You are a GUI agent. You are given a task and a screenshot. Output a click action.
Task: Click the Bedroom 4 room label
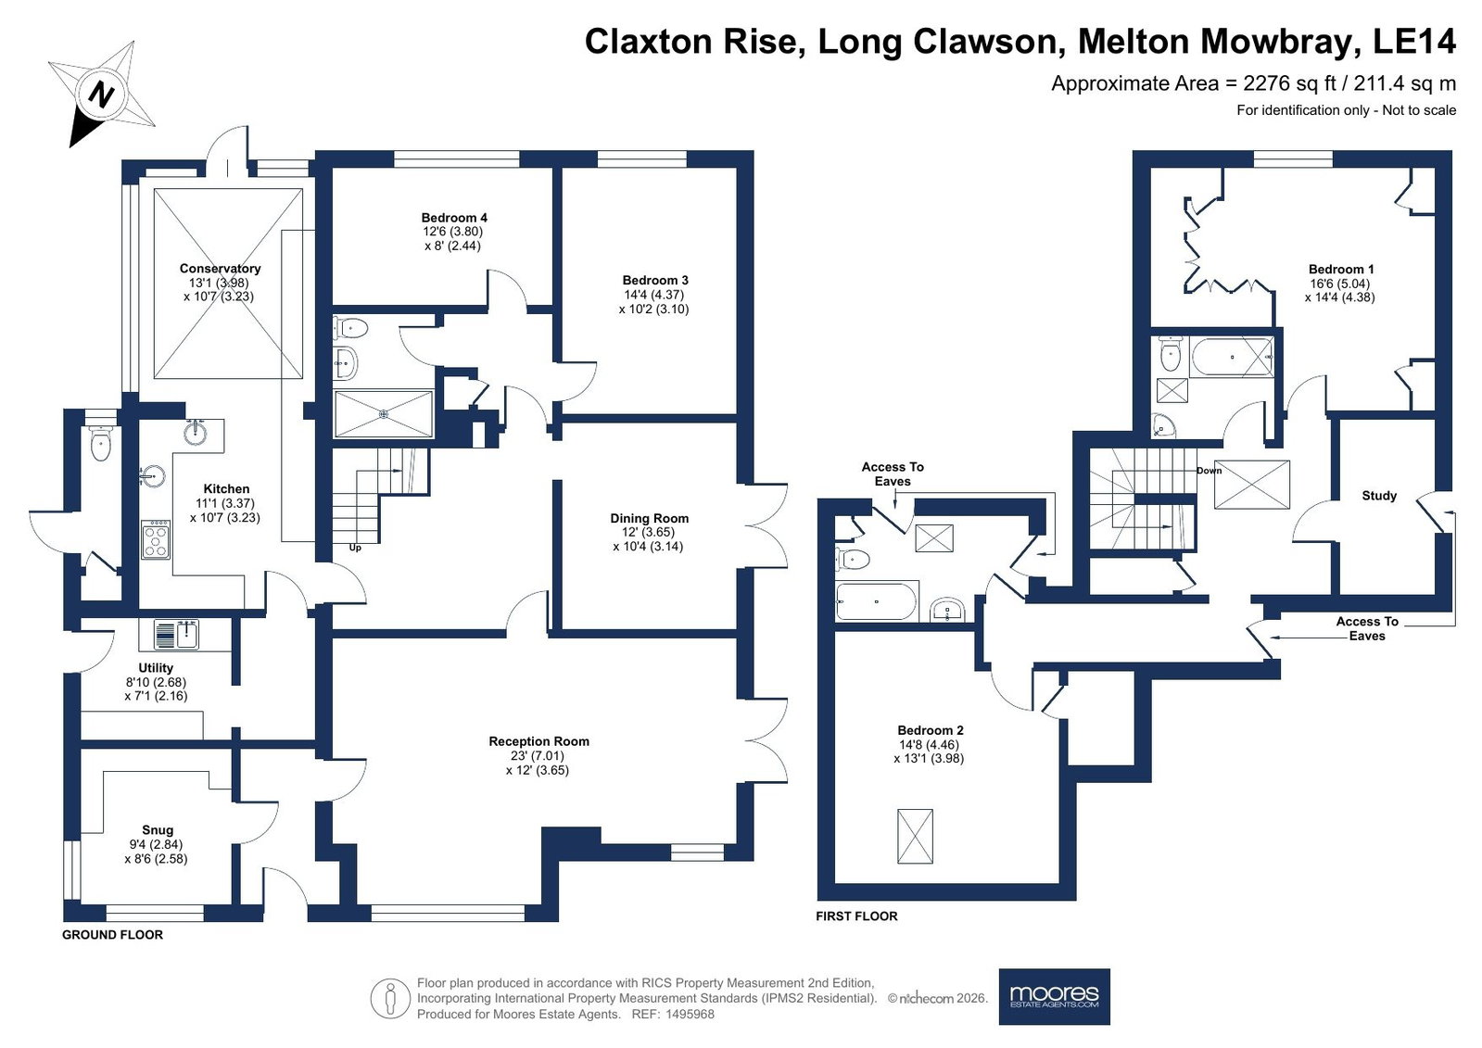click(454, 218)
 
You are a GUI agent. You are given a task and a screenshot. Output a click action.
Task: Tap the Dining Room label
click(649, 518)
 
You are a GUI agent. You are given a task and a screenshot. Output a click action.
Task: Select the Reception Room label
click(538, 741)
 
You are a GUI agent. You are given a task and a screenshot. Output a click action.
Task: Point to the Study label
click(1379, 495)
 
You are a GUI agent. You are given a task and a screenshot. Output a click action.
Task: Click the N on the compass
click(101, 95)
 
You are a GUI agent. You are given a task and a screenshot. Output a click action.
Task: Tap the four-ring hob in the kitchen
click(156, 540)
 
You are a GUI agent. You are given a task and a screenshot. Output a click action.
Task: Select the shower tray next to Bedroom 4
click(384, 414)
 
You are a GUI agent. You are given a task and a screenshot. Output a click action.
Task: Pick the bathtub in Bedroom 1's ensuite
click(1231, 358)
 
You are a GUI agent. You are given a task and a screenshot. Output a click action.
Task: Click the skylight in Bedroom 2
click(915, 837)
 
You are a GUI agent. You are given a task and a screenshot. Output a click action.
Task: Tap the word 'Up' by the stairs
click(355, 548)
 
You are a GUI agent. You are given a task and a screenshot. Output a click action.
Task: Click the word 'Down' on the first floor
click(1209, 471)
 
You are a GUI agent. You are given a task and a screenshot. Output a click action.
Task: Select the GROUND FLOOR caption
click(112, 934)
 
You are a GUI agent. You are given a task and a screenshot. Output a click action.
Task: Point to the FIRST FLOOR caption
click(856, 915)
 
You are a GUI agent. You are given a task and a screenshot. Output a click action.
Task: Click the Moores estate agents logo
click(1054, 996)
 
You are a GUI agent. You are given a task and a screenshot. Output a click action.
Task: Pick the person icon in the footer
click(390, 998)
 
